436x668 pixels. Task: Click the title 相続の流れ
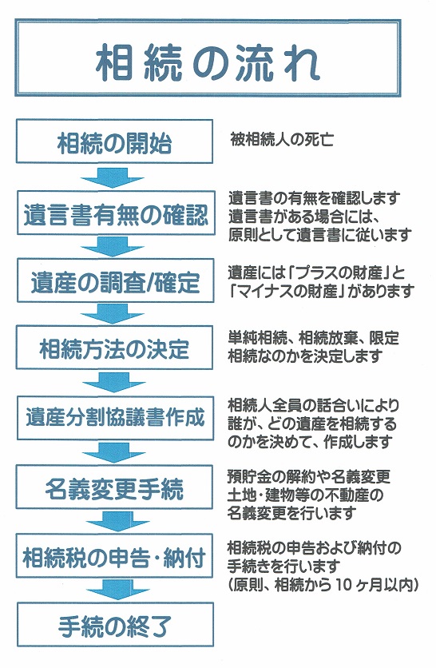point(208,65)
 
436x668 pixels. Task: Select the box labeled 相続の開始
point(114,141)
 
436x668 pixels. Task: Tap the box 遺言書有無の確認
point(115,213)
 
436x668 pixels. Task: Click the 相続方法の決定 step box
point(114,348)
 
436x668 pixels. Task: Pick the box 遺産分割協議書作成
point(115,418)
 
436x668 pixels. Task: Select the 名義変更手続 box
point(114,487)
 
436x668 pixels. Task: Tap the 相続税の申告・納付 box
point(114,555)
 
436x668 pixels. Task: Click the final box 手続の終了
point(115,624)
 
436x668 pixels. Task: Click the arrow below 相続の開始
point(113,177)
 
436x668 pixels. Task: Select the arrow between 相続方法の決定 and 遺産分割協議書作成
point(113,383)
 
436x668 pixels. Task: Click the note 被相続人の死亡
point(282,140)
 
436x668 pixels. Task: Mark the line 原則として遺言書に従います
point(320,235)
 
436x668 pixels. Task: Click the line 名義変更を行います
point(291,513)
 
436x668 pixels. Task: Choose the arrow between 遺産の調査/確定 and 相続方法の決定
point(113,314)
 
